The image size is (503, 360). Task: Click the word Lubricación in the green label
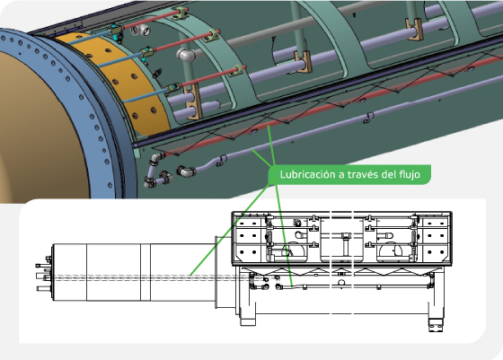click(308, 173)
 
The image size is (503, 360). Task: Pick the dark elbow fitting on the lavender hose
click(187, 171)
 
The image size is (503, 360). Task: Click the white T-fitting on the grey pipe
click(188, 57)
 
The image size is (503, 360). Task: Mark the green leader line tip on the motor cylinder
click(190, 274)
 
